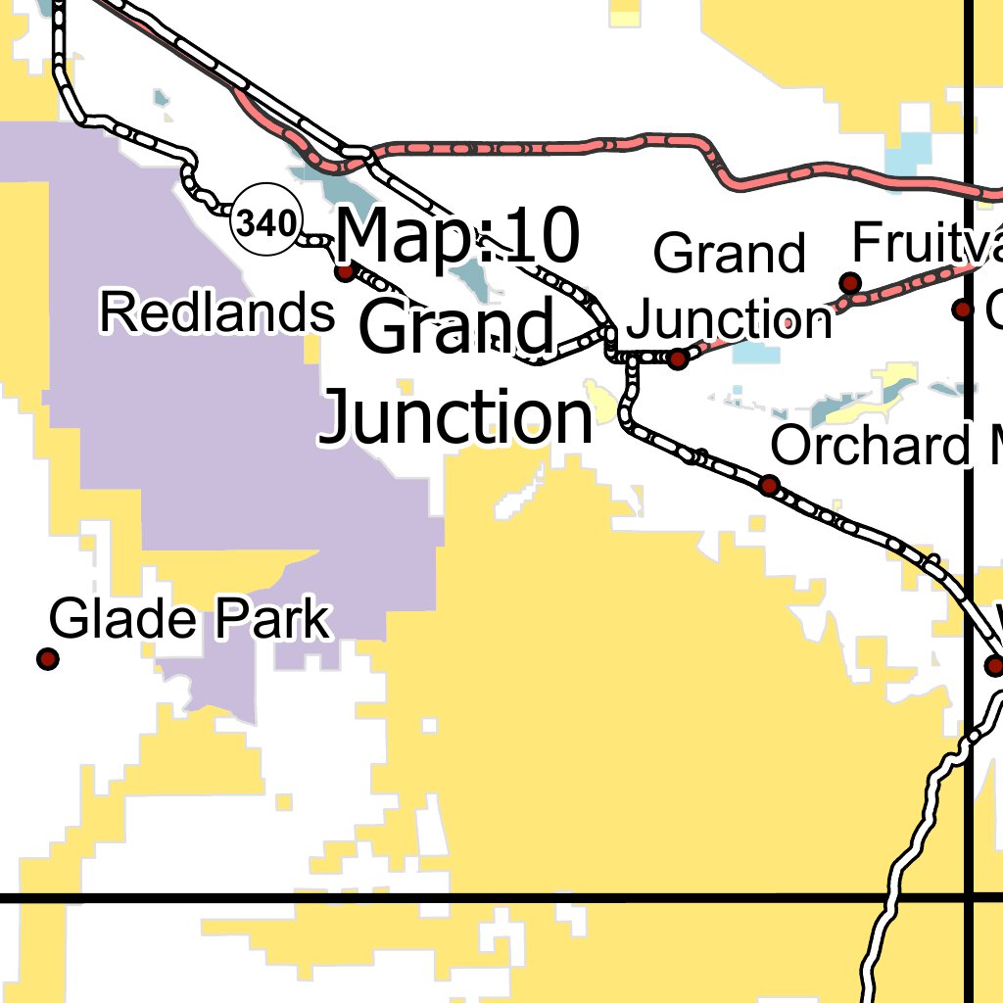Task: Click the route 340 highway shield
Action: pos(265,224)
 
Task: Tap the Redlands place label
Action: pos(217,313)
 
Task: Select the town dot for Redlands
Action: pos(346,271)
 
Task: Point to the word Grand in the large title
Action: pos(457,328)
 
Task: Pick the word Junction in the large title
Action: pos(457,415)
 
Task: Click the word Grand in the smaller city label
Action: pos(730,254)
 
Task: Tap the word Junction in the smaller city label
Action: pos(730,319)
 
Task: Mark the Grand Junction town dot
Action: pos(677,359)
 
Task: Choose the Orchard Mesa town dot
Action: pos(770,485)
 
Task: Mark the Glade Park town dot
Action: pos(47,659)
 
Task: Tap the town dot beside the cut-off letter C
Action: pos(963,310)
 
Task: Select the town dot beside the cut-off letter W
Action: pos(995,666)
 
